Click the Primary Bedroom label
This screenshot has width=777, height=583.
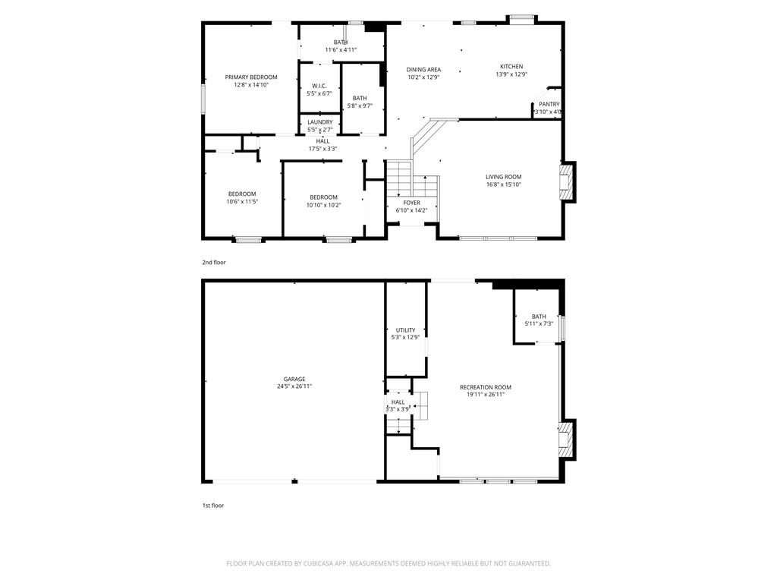point(251,77)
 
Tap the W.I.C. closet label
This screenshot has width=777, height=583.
point(319,86)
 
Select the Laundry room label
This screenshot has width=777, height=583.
point(320,122)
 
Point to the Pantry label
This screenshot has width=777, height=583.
point(549,104)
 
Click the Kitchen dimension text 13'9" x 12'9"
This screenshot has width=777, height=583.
point(511,74)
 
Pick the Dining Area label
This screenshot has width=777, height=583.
point(423,70)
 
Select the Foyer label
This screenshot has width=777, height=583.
point(412,203)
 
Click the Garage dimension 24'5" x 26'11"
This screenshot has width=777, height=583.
point(294,386)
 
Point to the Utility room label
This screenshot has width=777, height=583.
point(406,330)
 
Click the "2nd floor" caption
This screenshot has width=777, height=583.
point(213,262)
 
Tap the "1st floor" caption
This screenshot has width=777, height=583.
point(213,506)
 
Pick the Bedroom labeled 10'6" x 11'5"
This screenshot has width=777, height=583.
point(242,198)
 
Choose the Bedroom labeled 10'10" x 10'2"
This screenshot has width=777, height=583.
point(323,201)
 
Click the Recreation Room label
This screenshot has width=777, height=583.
point(486,387)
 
